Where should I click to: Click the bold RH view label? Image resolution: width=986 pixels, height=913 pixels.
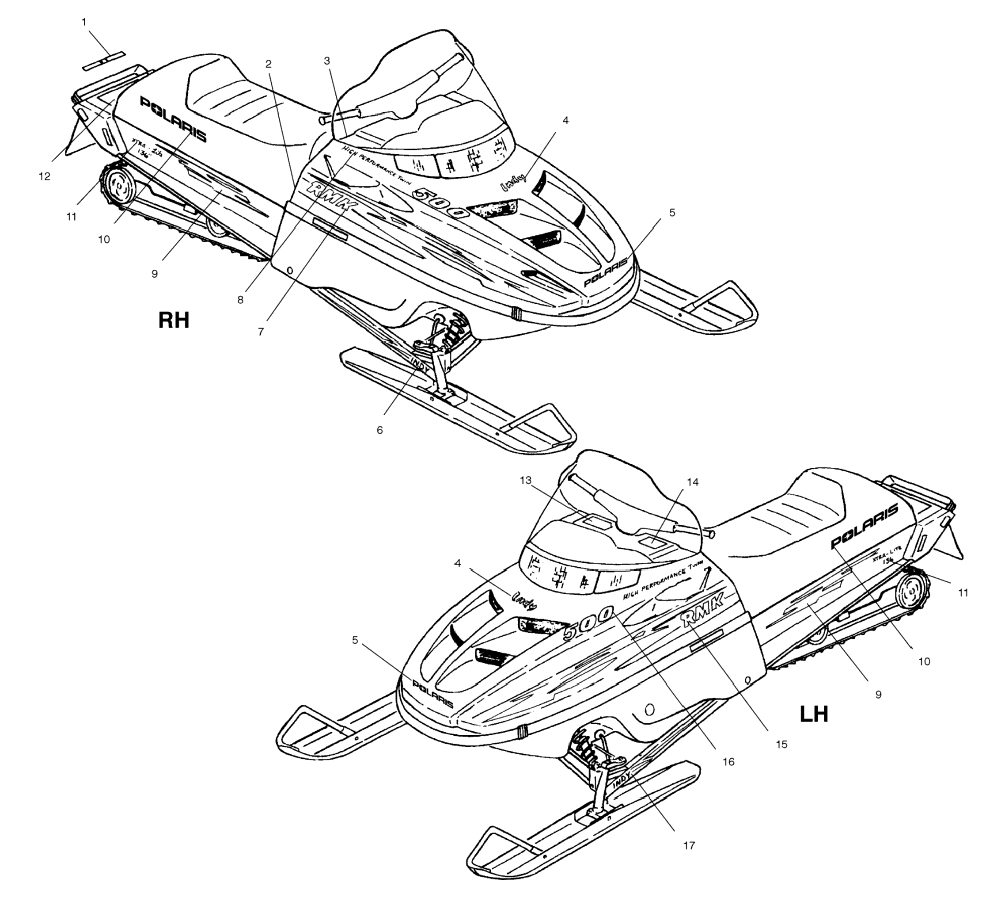173,320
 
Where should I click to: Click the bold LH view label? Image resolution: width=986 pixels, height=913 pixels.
814,714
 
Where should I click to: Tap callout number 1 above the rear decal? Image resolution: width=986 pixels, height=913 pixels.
84,22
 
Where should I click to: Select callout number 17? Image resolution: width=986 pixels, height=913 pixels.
689,845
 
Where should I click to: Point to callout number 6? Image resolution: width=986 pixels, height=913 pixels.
379,430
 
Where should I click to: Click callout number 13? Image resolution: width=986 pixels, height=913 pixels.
525,480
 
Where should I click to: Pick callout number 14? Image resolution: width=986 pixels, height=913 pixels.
693,482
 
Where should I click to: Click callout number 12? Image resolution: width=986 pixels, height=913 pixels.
45,176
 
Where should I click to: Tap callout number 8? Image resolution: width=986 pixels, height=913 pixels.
240,300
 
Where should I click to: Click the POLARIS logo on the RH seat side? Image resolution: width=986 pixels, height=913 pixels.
173,119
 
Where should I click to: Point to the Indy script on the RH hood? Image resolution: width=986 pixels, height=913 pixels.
513,182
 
